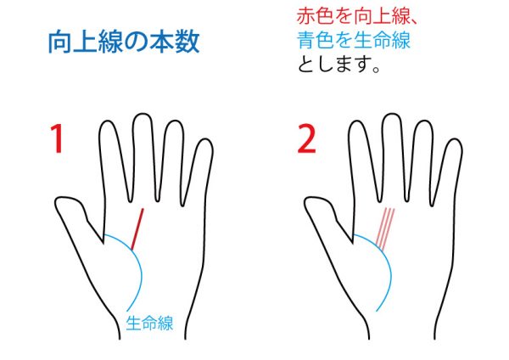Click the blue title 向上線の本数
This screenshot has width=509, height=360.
coord(124,42)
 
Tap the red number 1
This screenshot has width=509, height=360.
coord(58,138)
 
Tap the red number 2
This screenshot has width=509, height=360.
coord(307,138)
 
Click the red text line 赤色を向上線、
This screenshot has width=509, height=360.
coord(356,16)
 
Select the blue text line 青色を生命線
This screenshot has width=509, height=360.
coord(354,40)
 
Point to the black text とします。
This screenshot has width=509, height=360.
coord(338,64)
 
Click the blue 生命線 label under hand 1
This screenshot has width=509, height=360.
coord(149,323)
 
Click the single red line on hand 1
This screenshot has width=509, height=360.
coord(137,229)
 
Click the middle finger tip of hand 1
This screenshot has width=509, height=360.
coord(143,114)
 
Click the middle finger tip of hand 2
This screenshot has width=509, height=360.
coord(392,114)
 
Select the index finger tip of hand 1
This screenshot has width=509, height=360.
coord(108,121)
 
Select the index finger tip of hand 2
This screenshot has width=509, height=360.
coord(357,121)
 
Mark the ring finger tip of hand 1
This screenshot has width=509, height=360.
coord(175,121)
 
